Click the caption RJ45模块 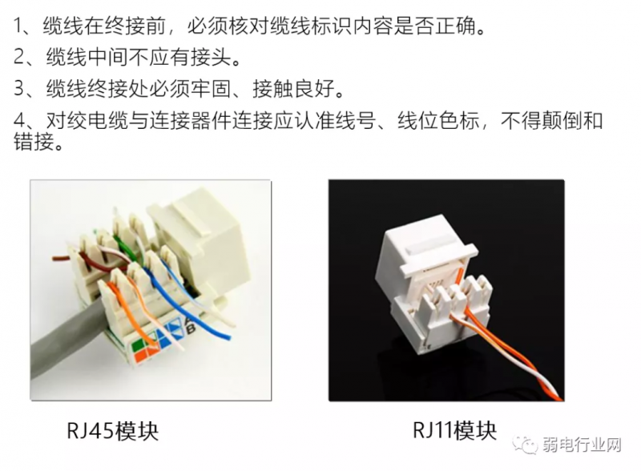[x=112, y=431]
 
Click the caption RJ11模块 [x=454, y=430]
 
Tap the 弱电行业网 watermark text [x=583, y=445]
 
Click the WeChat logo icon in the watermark [x=526, y=444]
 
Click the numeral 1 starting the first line [x=18, y=26]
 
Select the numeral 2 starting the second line [x=20, y=56]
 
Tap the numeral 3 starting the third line [x=20, y=88]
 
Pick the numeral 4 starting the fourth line [x=20, y=120]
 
